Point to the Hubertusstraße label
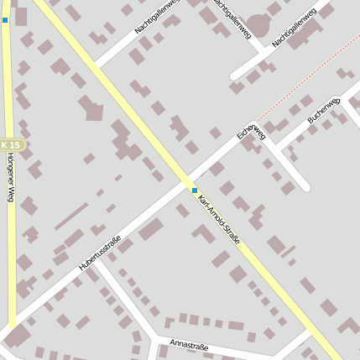pos(101,253)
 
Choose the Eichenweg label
pos(251,128)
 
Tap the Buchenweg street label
pos(323,110)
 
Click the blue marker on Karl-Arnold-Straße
pos(195,190)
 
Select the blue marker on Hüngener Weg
pos(5,19)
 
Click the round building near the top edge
pos(258,26)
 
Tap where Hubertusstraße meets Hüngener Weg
pos(13,327)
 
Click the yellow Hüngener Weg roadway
pos(10,252)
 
